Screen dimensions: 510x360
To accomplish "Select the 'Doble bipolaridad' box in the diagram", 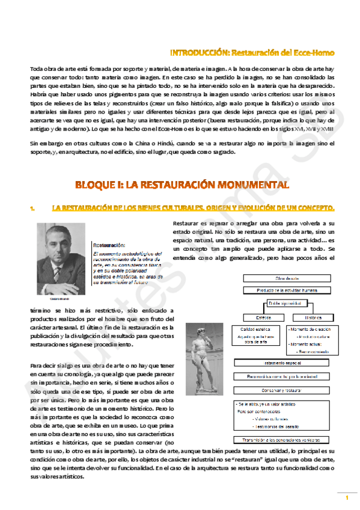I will click(x=284, y=304).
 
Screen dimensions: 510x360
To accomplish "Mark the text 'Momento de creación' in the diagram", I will click(x=310, y=330).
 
